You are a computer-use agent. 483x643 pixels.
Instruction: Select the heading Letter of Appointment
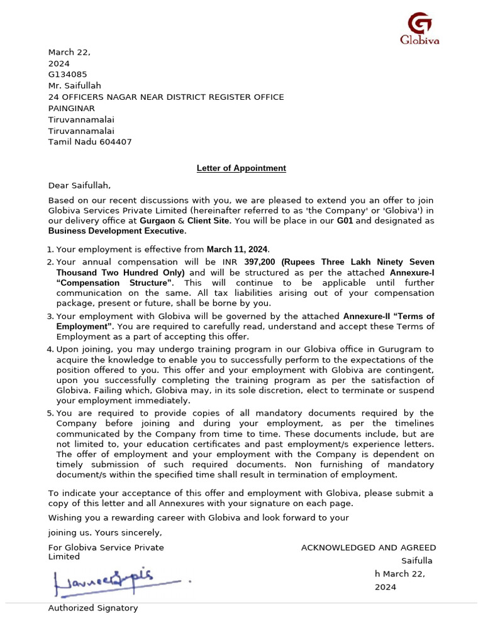click(241, 168)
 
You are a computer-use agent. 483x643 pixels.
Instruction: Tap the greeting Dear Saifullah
click(79, 185)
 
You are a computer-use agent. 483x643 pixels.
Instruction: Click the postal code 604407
click(116, 142)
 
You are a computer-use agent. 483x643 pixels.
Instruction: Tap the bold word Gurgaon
click(157, 221)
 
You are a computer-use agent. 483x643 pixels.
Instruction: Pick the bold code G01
click(344, 221)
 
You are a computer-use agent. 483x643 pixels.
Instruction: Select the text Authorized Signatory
click(93, 608)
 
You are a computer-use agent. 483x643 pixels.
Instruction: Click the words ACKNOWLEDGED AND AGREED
click(368, 548)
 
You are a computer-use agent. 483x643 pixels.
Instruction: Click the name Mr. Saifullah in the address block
click(75, 86)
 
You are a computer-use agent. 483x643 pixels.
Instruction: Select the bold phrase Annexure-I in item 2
click(412, 273)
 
